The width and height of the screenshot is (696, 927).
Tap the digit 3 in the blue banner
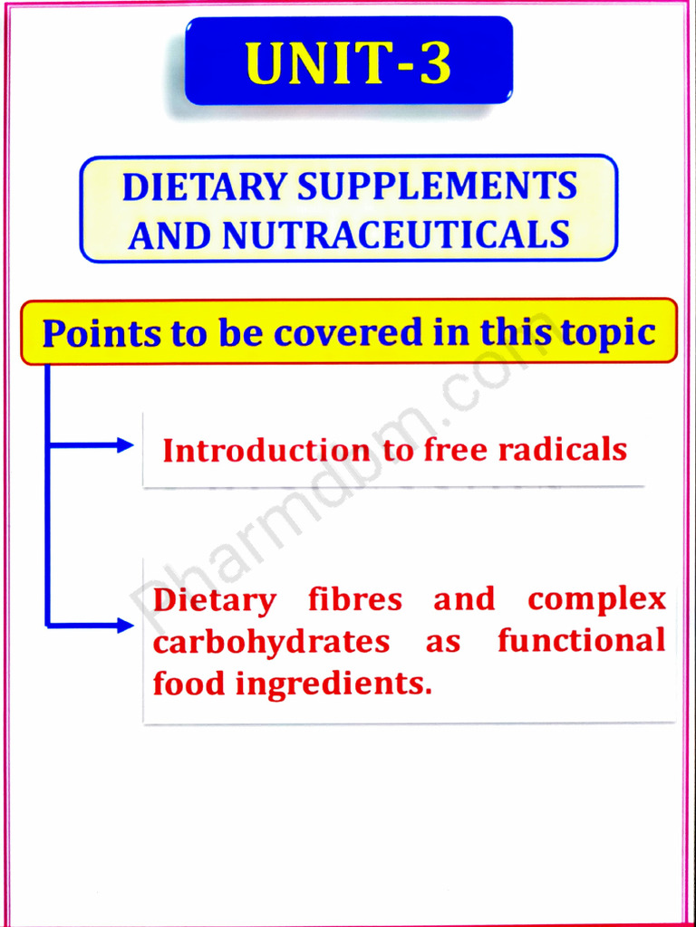[x=435, y=64]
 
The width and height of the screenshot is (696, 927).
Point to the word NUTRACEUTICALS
[x=396, y=235]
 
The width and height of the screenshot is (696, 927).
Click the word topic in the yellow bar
[x=608, y=333]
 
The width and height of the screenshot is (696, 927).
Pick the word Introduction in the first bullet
[x=266, y=451]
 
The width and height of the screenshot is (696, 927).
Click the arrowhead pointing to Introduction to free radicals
[x=125, y=444]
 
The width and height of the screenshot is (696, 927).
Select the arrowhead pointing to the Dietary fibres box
[x=125, y=625]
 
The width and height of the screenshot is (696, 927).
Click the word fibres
[x=354, y=599]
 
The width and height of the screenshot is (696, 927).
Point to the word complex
[x=596, y=600]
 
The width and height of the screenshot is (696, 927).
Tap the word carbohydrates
[x=271, y=642]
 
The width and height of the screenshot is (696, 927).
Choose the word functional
[x=581, y=641]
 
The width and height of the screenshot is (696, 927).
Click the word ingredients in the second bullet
[x=333, y=684]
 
